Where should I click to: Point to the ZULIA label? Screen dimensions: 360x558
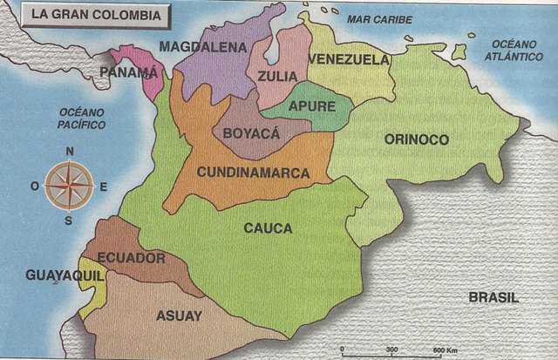pyautogui.click(x=277, y=76)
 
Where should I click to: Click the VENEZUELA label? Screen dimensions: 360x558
pyautogui.click(x=348, y=59)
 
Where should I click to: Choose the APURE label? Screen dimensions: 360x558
pyautogui.click(x=311, y=105)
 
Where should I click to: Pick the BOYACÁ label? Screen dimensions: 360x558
pyautogui.click(x=251, y=133)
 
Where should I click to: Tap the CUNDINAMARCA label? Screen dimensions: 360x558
pyautogui.click(x=253, y=173)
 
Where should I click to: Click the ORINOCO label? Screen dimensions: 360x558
pyautogui.click(x=416, y=139)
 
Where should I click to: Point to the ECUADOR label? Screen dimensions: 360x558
pyautogui.click(x=132, y=258)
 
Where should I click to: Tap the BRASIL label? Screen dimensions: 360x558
pyautogui.click(x=493, y=297)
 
